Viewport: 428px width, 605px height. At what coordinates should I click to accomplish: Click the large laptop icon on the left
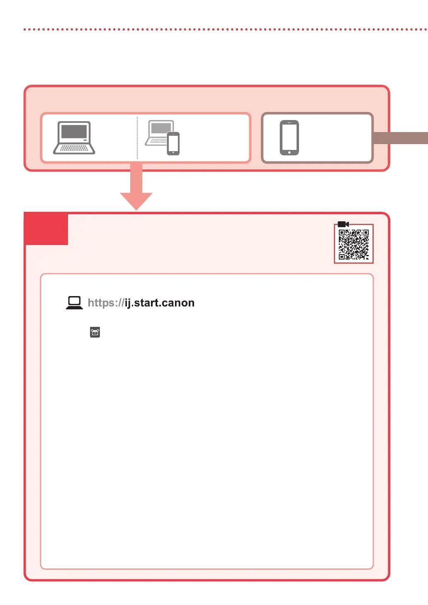[74, 138]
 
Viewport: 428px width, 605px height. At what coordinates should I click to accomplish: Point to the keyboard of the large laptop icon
[74, 147]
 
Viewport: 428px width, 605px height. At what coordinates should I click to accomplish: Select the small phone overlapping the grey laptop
[173, 143]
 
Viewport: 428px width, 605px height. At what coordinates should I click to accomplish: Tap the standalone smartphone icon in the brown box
[289, 137]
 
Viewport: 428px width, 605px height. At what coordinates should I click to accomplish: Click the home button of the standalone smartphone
[289, 152]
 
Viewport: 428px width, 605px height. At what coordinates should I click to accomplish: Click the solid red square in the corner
[46, 229]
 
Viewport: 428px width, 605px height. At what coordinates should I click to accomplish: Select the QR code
[354, 245]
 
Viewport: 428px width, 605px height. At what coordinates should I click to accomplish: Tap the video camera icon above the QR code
[343, 224]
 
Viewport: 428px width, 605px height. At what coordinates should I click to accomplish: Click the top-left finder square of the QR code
[342, 233]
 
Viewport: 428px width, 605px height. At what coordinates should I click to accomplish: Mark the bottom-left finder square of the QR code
[342, 256]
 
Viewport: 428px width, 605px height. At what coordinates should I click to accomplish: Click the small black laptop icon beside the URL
[74, 303]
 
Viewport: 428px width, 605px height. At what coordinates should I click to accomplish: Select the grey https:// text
[106, 303]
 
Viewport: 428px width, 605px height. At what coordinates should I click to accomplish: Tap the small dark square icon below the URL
[95, 332]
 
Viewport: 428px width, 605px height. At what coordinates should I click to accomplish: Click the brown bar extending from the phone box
[401, 138]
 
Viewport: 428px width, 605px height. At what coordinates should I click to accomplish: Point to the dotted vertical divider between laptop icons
[137, 138]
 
